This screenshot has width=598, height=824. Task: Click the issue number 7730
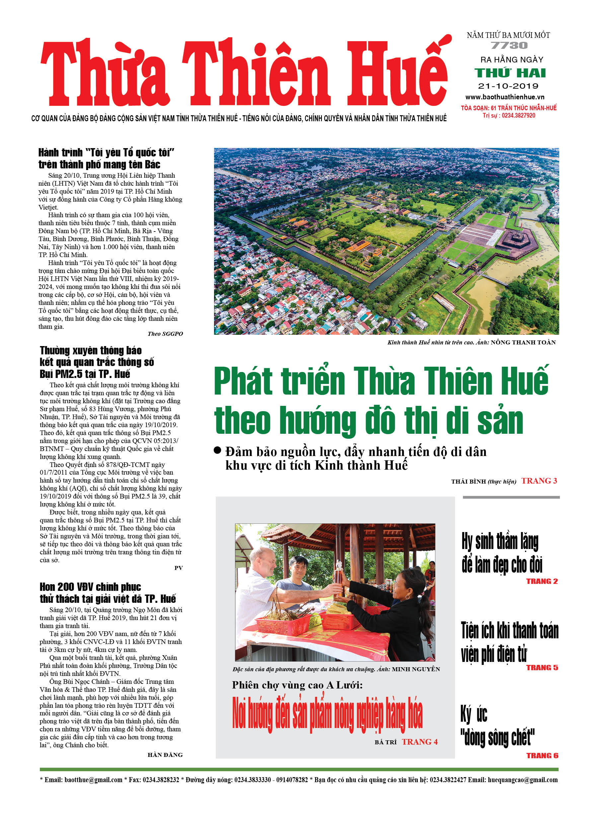click(509, 46)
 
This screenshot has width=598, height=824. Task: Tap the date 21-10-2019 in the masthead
click(508, 86)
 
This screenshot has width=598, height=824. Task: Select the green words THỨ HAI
click(510, 73)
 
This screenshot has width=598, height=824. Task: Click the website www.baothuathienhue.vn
click(505, 97)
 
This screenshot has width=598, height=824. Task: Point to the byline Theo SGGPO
click(165, 333)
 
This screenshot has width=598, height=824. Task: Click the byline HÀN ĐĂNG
click(165, 755)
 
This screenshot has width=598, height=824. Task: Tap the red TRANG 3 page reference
click(539, 481)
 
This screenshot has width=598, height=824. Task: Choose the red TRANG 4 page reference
click(419, 742)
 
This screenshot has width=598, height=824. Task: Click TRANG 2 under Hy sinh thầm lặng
click(542, 581)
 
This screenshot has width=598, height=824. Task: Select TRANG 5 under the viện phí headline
click(542, 668)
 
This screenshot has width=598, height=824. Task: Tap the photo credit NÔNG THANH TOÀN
click(523, 342)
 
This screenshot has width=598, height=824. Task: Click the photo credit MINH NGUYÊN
click(416, 669)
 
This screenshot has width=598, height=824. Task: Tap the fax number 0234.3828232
click(161, 780)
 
